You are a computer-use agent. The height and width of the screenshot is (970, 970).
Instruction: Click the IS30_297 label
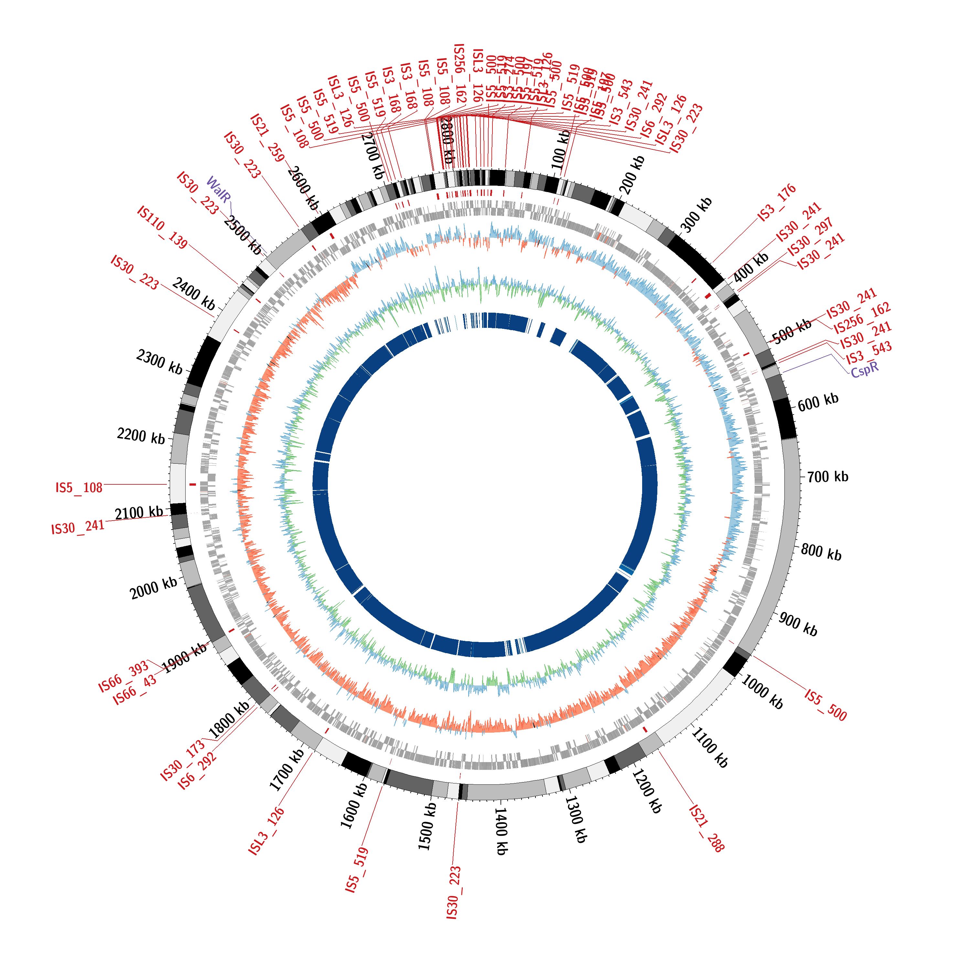pos(810,236)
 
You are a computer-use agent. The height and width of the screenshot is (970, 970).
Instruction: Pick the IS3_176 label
pos(777,202)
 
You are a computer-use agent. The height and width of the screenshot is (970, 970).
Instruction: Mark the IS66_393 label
pos(124,676)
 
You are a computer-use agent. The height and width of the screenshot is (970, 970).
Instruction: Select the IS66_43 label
pos(135,690)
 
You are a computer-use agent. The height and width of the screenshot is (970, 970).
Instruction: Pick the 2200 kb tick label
pos(141,435)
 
